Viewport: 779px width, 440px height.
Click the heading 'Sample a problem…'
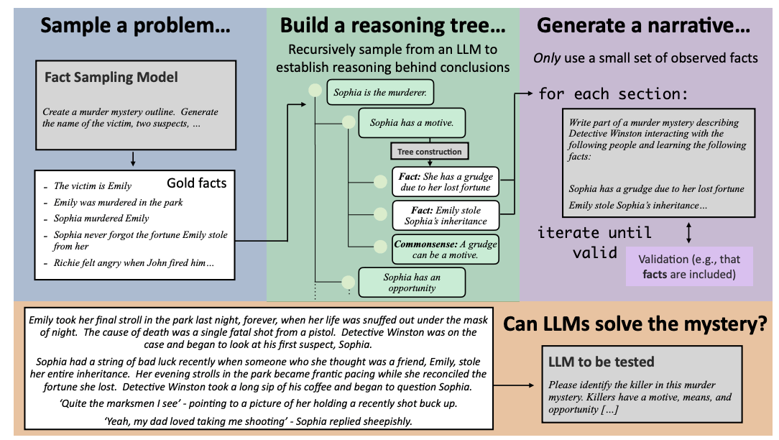135,27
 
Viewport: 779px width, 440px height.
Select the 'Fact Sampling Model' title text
111,77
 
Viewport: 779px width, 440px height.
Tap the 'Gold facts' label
196,183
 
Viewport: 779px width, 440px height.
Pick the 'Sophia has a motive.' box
411,123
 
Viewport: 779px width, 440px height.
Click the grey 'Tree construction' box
429,152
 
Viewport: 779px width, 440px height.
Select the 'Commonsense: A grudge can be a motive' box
445,249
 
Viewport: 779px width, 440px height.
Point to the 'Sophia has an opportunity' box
412,283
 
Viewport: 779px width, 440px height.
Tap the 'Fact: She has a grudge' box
445,182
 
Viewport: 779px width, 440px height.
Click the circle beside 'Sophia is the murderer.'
314,91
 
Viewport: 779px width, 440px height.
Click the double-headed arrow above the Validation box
689,232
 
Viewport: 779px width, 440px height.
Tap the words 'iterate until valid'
594,242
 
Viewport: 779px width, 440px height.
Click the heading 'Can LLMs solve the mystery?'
635,324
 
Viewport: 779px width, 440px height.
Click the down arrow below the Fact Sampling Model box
133,159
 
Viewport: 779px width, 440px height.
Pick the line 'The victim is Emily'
92,186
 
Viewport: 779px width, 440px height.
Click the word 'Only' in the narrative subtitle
548,58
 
